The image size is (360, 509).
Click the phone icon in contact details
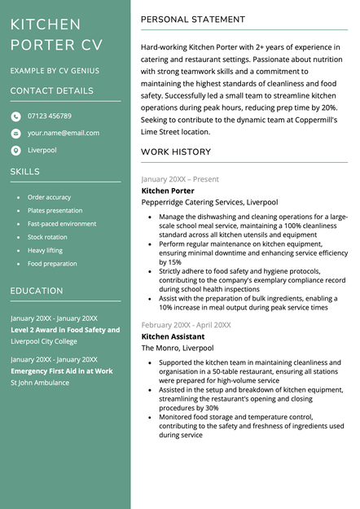pos(15,116)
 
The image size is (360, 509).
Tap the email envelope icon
pos(15,134)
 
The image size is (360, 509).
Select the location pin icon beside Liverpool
pos(15,151)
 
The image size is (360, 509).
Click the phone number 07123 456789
pos(49,116)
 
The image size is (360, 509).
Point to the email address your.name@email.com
pos(64,133)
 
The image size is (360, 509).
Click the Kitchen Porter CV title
pos(56,35)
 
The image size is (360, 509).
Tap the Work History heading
pos(176,152)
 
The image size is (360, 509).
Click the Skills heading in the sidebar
pos(24,172)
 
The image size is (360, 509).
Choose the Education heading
pos(37,291)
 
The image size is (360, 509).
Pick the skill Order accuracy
pos(49,197)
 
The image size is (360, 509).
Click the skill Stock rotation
pos(47,237)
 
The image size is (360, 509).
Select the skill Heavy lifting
pos(45,250)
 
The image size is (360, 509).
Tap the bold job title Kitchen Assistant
pos(172,336)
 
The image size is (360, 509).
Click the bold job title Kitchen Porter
pos(168,191)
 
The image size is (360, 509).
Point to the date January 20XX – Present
pos(179,179)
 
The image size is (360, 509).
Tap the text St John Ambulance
pos(40,383)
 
